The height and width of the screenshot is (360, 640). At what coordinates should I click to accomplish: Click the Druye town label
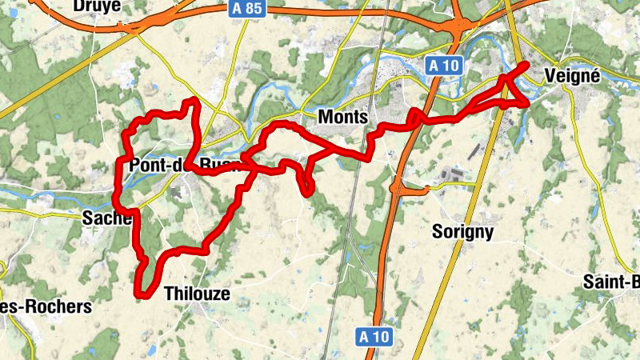[97, 6]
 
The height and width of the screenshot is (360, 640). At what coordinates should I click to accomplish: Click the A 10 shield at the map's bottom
[374, 337]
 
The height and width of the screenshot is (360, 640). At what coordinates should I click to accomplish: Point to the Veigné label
[571, 74]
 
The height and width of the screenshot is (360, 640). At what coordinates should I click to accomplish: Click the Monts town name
[342, 117]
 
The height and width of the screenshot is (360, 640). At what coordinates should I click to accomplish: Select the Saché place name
[106, 218]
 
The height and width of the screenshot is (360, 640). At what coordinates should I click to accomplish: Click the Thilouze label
[197, 294]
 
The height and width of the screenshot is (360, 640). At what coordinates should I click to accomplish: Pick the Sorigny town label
[462, 232]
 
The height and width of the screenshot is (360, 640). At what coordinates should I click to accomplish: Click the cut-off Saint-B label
[611, 281]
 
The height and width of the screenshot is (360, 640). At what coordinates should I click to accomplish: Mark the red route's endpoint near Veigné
[526, 64]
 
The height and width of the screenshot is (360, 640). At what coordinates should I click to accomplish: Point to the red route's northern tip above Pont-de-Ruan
[192, 100]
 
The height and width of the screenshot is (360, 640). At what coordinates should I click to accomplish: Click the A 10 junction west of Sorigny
[396, 189]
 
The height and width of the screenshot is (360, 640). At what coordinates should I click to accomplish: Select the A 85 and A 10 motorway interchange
[458, 28]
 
